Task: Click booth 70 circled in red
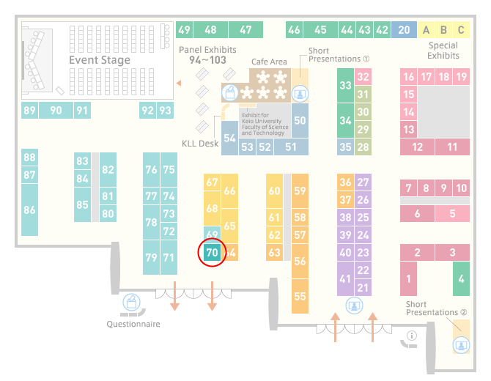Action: (x=212, y=252)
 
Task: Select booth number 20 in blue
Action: (x=404, y=30)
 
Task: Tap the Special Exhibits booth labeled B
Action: (x=443, y=30)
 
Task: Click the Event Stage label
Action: (x=100, y=60)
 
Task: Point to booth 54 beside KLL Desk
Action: (x=229, y=138)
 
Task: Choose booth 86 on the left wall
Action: (x=29, y=210)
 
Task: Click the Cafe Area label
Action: (x=269, y=62)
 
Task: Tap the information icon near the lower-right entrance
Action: (x=412, y=336)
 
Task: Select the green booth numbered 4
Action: (x=461, y=278)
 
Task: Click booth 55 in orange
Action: (x=300, y=296)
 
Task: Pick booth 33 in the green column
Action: (x=345, y=85)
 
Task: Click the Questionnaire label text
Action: (x=133, y=324)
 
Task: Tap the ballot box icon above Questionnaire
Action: (x=131, y=302)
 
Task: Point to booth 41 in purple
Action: (x=345, y=278)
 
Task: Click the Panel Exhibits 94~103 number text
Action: (x=207, y=60)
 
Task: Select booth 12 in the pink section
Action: (x=417, y=147)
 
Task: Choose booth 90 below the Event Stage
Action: (x=56, y=110)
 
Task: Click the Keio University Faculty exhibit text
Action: (x=265, y=124)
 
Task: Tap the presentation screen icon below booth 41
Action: (x=354, y=306)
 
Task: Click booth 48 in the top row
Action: (x=210, y=30)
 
